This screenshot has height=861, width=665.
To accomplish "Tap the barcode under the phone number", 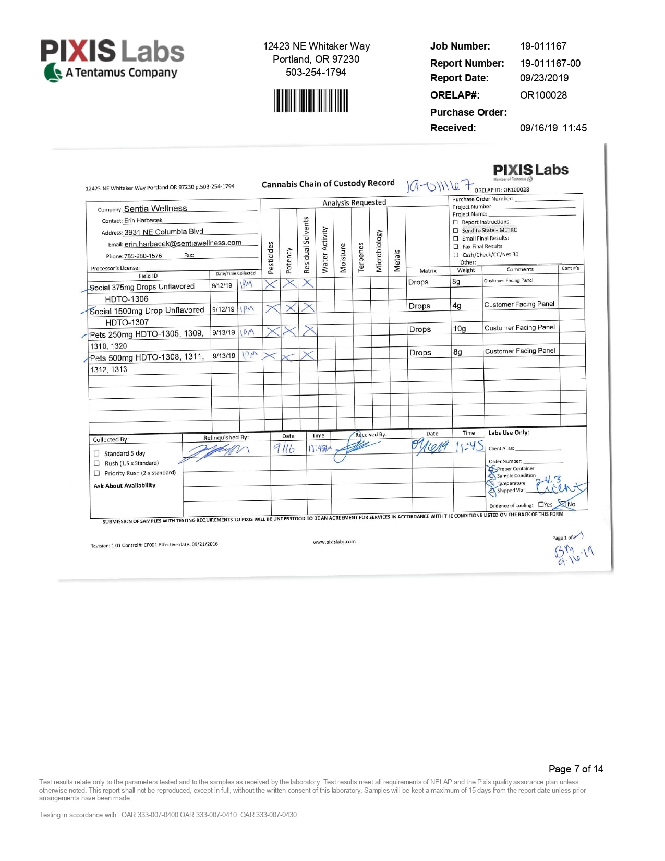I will coord(311,101).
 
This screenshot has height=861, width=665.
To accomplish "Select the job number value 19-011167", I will coord(543,46).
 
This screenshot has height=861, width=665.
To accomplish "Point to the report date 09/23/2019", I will coord(544,78).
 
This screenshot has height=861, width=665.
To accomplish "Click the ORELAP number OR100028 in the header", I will coord(543,95).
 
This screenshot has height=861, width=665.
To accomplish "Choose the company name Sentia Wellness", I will coord(155,208).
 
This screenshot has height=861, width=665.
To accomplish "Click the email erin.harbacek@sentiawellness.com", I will coord(183,243).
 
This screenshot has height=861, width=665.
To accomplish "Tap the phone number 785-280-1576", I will coord(143,256).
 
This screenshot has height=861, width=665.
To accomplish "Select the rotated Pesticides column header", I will coord(271,257).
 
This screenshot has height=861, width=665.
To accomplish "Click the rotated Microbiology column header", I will coord(379,250).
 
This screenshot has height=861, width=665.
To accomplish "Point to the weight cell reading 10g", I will coord(459,329).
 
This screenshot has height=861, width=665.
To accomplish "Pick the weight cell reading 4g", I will coord(457,305).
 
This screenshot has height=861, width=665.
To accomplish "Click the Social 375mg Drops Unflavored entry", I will coord(142,287).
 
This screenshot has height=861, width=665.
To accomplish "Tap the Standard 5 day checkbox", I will coord(96,453).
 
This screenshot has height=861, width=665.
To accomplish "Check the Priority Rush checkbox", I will coord(96,473).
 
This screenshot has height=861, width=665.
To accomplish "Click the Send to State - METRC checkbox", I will coord(456,230).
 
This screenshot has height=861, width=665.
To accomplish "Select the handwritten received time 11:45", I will coord(469,447).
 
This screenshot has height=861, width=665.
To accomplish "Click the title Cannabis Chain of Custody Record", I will coord(328,184).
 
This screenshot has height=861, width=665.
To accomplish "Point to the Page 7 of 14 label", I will coord(576,769).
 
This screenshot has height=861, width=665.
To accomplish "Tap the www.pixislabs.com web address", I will coord(334,542).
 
